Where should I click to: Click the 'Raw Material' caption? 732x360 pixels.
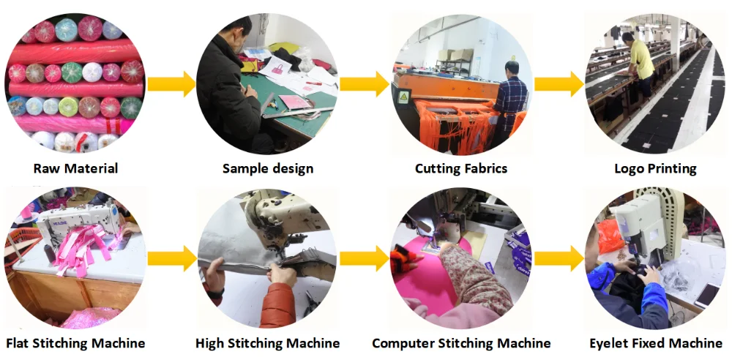(x=75, y=169)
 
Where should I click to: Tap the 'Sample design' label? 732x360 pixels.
(x=268, y=169)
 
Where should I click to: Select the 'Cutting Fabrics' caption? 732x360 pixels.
(x=460, y=169)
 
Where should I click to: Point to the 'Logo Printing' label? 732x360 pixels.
(x=655, y=169)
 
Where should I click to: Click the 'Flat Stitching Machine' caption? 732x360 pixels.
(x=75, y=343)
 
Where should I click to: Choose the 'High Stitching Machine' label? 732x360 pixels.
(x=268, y=343)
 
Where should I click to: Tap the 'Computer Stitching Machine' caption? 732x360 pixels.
(x=461, y=343)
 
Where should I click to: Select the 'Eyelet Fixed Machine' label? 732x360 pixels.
(x=656, y=343)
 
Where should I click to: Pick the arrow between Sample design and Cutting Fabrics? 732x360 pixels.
(x=365, y=83)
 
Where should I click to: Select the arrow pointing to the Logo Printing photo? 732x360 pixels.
(x=559, y=83)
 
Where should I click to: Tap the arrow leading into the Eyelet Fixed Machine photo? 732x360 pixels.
(x=559, y=258)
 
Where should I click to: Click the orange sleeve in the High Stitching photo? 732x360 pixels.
(x=278, y=304)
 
